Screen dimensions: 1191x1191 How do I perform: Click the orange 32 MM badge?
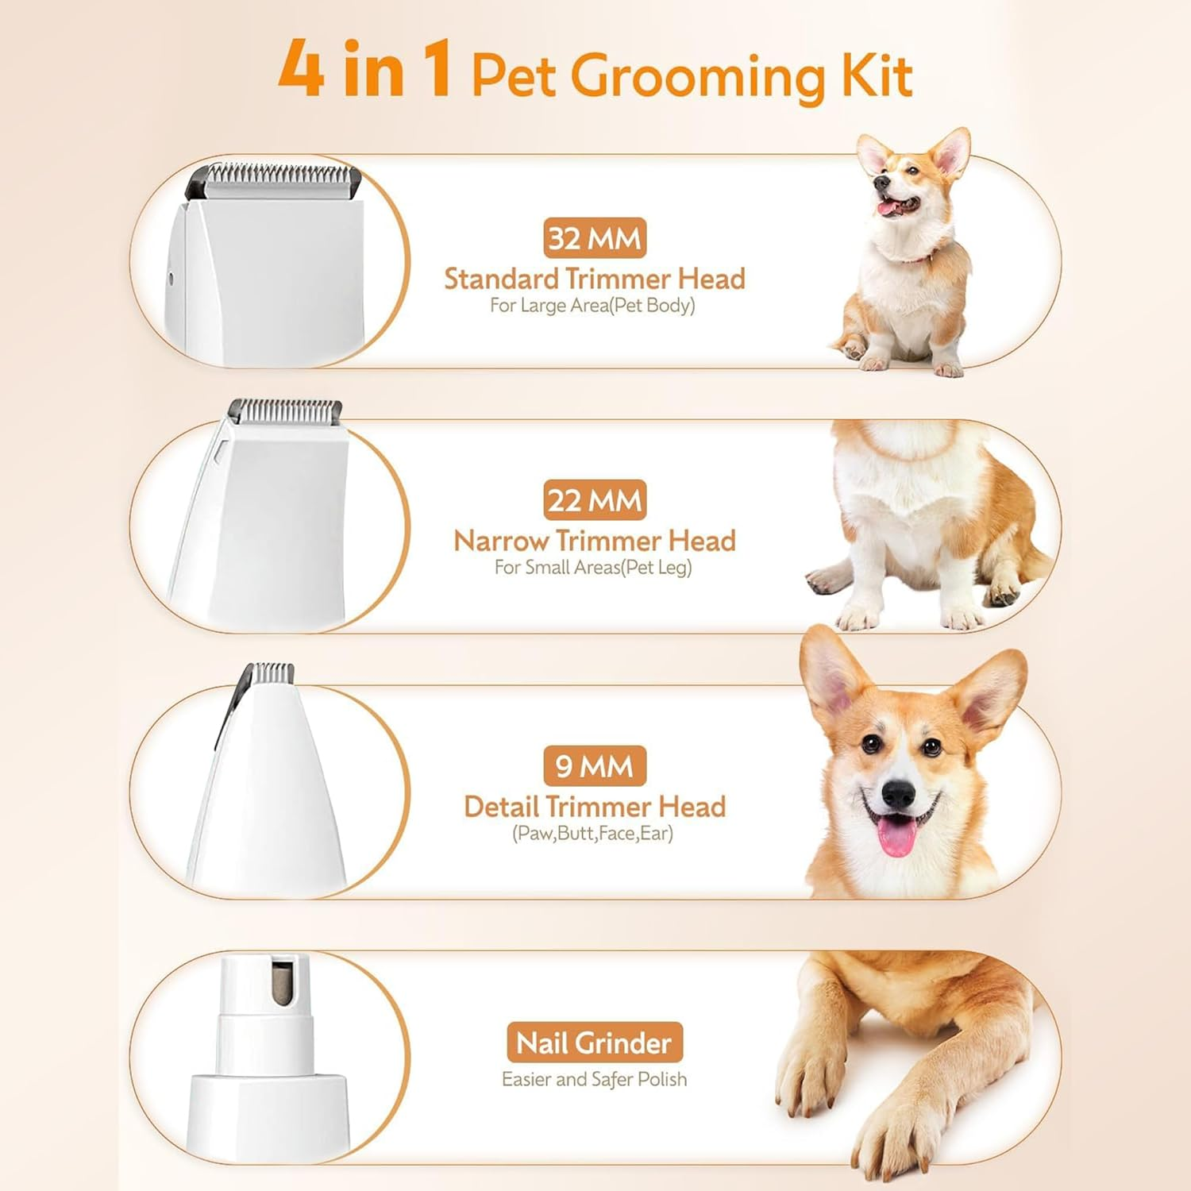(x=595, y=238)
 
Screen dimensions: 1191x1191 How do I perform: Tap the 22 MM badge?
(x=595, y=500)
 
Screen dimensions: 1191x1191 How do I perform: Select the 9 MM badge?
(x=595, y=766)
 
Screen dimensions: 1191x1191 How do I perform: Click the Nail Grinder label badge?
(x=595, y=1043)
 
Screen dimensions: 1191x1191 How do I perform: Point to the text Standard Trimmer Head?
(x=595, y=279)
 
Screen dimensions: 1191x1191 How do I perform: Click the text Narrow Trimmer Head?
(x=595, y=542)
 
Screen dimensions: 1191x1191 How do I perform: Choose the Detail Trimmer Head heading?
(x=595, y=807)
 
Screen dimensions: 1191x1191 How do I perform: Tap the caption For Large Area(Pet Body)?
(x=592, y=306)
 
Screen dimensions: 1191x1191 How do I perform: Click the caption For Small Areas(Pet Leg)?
(x=593, y=568)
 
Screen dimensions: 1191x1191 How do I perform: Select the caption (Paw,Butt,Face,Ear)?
(x=592, y=834)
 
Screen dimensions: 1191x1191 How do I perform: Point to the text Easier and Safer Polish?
(x=594, y=1079)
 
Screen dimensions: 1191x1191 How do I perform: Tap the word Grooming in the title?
(x=697, y=78)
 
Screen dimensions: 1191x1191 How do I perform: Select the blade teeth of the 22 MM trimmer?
(x=286, y=410)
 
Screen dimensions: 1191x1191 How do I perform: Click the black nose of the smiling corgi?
(x=899, y=792)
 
